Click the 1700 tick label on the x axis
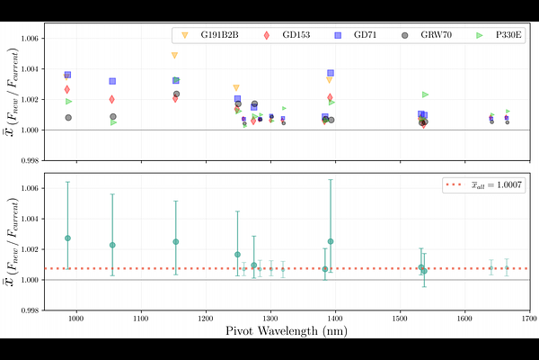pyautogui.click(x=528, y=318)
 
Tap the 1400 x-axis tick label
pyautogui.click(x=334, y=318)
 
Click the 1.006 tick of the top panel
pyautogui.click(x=30, y=39)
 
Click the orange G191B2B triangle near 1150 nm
pyautogui.click(x=175, y=56)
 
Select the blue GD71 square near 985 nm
pyautogui.click(x=67, y=75)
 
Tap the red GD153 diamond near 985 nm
pyautogui.click(x=67, y=89)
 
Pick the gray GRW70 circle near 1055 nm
pyautogui.click(x=113, y=117)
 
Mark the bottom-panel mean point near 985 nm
pyautogui.click(x=67, y=238)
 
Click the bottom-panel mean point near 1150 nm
pyautogui.click(x=176, y=241)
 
